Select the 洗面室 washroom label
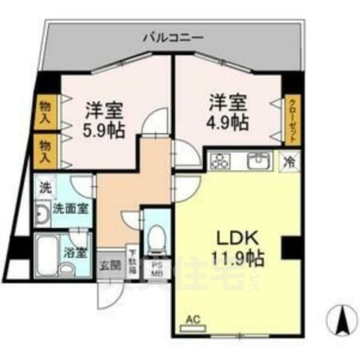click(67, 210)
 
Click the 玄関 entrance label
click(109, 265)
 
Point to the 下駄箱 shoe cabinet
click(132, 264)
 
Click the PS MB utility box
click(158, 268)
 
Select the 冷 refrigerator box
click(289, 160)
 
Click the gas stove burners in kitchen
click(221, 160)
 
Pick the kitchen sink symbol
click(259, 160)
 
